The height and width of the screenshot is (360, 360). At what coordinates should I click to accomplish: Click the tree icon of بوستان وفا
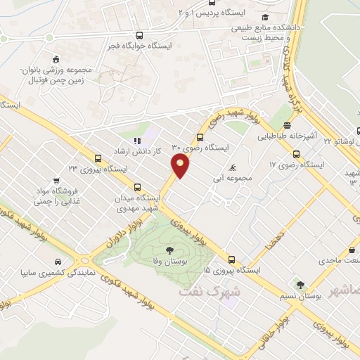click(x=169, y=250)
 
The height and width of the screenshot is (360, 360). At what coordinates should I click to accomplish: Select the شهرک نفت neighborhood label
click(x=209, y=289)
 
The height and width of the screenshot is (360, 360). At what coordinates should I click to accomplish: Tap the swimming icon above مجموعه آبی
click(x=233, y=168)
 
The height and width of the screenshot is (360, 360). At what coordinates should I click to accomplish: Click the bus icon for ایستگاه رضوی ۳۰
click(x=200, y=137)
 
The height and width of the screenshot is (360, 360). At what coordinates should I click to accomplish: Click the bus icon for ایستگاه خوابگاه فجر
click(x=140, y=35)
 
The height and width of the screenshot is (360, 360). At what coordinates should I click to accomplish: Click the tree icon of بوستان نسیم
click(x=300, y=285)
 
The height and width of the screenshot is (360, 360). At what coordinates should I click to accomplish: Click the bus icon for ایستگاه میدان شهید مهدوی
click(x=137, y=188)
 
